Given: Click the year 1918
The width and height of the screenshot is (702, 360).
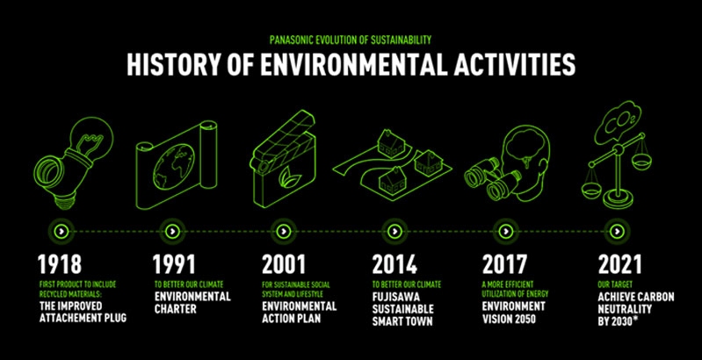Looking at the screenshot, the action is [x=60, y=264].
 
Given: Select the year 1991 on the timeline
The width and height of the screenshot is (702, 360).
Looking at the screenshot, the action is [x=174, y=264].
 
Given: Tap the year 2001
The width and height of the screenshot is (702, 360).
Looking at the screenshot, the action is [x=284, y=264].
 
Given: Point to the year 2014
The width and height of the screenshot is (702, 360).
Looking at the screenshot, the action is [x=394, y=264].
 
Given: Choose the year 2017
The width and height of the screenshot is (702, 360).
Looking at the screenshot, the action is [x=504, y=264].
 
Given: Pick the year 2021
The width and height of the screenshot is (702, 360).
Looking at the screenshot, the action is [x=620, y=264].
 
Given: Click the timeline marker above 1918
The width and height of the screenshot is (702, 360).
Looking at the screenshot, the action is [x=62, y=231].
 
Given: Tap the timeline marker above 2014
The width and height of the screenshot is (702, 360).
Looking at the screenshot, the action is [x=394, y=231].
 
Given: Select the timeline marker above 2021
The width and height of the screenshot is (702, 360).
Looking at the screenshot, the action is [x=617, y=231].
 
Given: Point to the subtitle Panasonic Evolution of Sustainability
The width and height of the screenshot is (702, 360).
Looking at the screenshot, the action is [x=351, y=40].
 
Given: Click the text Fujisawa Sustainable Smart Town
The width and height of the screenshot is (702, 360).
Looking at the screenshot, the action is [x=403, y=308].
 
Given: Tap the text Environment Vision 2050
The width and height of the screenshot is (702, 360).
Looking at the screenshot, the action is [x=514, y=313].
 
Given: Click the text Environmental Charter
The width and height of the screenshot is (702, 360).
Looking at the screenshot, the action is [x=192, y=302].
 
